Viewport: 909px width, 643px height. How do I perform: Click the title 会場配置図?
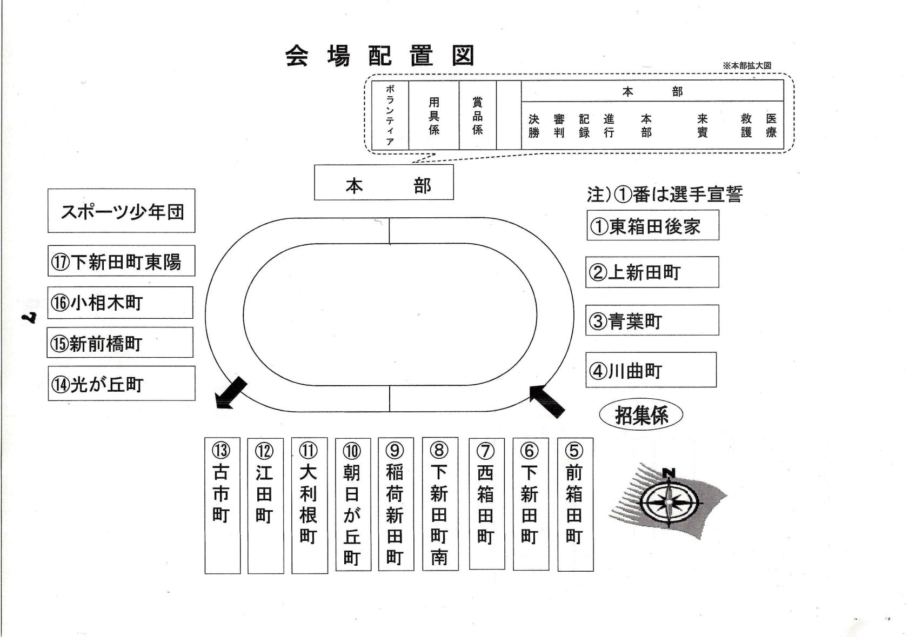[x=380, y=56]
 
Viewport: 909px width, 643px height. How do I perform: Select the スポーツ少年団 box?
[x=121, y=211]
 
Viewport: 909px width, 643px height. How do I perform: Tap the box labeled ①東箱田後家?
[x=652, y=225]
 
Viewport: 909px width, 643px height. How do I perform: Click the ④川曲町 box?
[x=651, y=370]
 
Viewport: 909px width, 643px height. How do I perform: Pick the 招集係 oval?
[x=641, y=415]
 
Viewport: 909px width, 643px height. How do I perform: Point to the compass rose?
[x=669, y=501]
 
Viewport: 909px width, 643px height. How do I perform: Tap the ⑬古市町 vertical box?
[x=222, y=505]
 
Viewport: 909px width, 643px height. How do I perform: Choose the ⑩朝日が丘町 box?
[x=352, y=504]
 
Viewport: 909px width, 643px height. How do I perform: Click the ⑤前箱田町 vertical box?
[x=575, y=504]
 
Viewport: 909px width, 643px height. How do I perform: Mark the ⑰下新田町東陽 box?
[x=121, y=262]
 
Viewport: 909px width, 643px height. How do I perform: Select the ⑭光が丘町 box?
[x=121, y=384]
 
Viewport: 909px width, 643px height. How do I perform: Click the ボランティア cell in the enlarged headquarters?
[x=390, y=115]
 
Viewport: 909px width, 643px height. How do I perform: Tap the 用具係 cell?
[x=434, y=115]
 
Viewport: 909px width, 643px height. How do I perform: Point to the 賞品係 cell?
[x=478, y=115]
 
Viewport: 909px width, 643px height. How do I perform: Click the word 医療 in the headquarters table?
[x=771, y=125]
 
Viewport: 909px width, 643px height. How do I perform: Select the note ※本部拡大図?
[x=747, y=65]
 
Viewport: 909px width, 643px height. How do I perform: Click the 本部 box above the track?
[x=384, y=184]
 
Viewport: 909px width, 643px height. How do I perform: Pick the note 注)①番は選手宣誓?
[x=665, y=194]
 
